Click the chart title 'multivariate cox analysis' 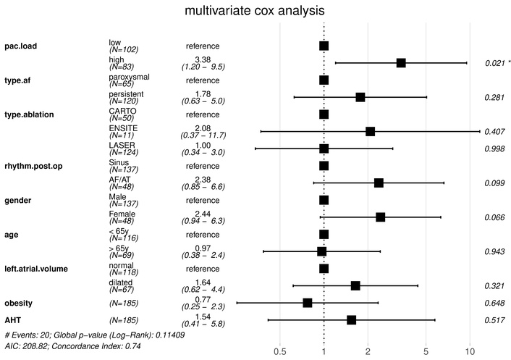(255, 12)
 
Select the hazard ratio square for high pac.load (401, 63)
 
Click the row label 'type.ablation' (33, 114)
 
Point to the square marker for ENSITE (371, 131)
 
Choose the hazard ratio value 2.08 (203, 127)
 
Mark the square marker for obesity (308, 303)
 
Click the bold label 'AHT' (14, 319)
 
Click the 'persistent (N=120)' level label (127, 97)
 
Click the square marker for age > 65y (322, 251)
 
